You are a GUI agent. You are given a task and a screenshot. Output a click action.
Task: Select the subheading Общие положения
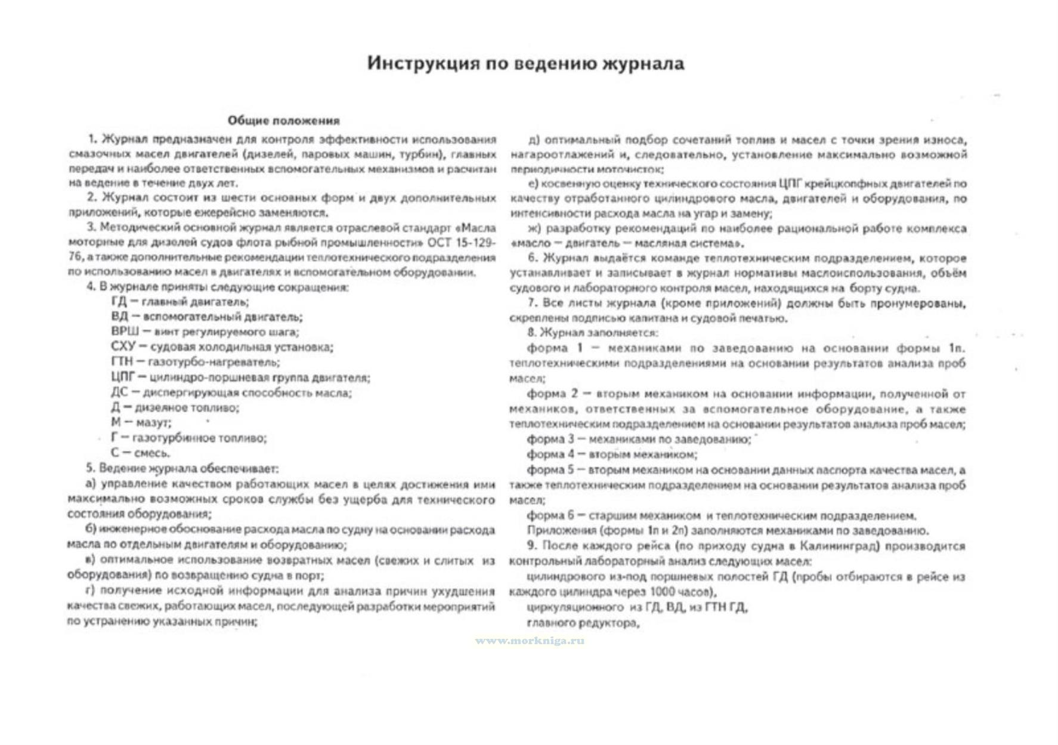click(x=283, y=120)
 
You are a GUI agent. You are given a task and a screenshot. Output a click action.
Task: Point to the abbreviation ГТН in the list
click(x=122, y=362)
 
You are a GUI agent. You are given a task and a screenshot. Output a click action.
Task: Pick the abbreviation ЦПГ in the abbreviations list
click(x=123, y=377)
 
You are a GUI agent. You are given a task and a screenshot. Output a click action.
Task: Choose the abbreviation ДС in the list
click(x=119, y=392)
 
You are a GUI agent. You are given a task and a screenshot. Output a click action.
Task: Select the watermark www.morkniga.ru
click(x=530, y=641)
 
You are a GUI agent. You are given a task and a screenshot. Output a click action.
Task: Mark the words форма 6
click(x=545, y=515)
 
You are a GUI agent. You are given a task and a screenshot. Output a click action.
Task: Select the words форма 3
click(x=545, y=440)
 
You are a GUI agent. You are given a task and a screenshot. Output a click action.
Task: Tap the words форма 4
click(x=545, y=455)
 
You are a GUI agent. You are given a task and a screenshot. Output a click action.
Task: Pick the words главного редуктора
click(x=583, y=623)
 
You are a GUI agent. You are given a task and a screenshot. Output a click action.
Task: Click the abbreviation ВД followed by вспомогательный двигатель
click(x=119, y=317)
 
